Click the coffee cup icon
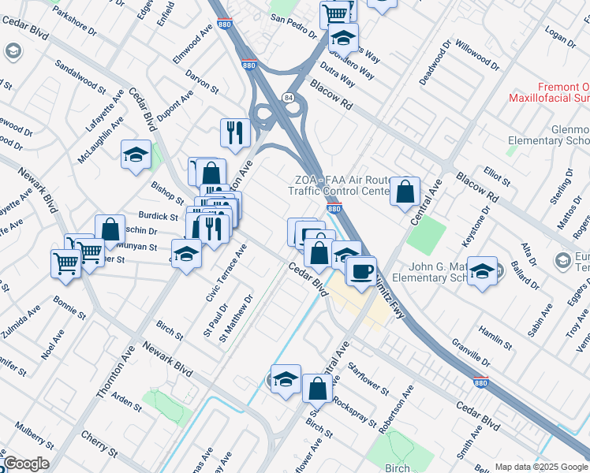click(x=361, y=270)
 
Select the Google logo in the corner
click(x=26, y=464)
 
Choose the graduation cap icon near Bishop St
click(x=136, y=155)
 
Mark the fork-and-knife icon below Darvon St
click(x=235, y=132)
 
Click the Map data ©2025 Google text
click(x=541, y=467)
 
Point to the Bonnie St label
click(x=69, y=308)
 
